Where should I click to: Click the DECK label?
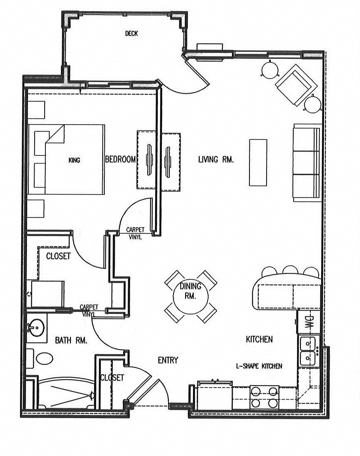tap(131, 34)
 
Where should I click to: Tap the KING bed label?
tap(75, 160)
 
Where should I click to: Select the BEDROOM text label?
tap(121, 159)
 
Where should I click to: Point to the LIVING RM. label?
tap(216, 159)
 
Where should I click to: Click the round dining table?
tap(190, 297)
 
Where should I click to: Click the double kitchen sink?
tap(309, 351)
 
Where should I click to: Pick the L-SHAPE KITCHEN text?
tap(259, 366)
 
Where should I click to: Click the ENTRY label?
tap(168, 360)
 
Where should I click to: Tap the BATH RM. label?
tap(71, 341)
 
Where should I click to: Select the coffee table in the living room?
tap(258, 162)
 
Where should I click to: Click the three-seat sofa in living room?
tap(307, 163)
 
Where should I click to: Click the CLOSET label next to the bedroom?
tap(58, 256)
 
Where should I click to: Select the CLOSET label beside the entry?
tap(112, 378)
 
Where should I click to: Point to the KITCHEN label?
tap(259, 339)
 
